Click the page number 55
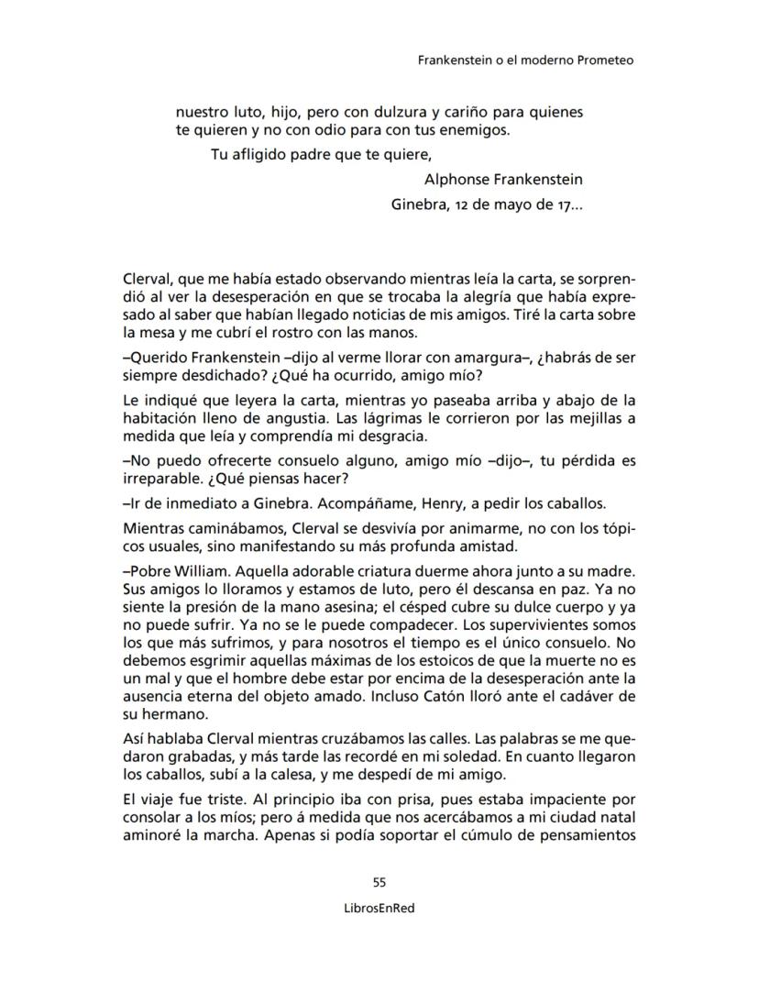point(379,883)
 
